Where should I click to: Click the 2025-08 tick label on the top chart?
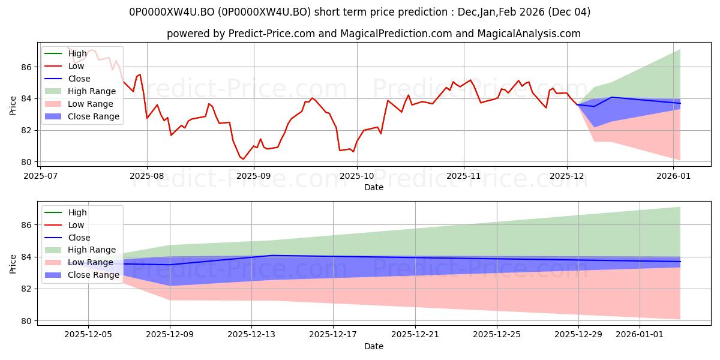147,176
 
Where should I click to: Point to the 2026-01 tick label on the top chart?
673,176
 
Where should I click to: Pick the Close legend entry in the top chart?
79,79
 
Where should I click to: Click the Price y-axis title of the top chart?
13,105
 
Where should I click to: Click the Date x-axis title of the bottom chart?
373,346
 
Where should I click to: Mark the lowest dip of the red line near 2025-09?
243,159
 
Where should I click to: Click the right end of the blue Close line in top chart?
680,103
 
